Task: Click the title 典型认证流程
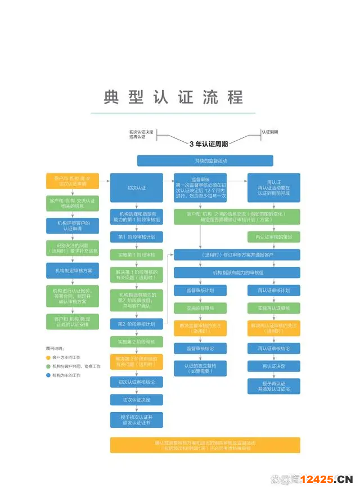(x=173, y=97)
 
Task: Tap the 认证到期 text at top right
(x=269, y=132)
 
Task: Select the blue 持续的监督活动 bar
(x=205, y=161)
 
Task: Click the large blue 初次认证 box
(x=137, y=187)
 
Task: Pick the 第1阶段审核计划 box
(x=137, y=236)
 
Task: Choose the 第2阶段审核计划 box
(x=137, y=324)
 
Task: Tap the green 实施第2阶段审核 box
(x=137, y=342)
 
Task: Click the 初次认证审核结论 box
(x=137, y=382)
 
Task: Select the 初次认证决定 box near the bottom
(x=137, y=399)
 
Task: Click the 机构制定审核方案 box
(x=72, y=271)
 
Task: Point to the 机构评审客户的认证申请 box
(x=72, y=226)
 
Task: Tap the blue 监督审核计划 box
(x=200, y=290)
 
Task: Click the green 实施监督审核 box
(x=200, y=308)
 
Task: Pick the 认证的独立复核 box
(x=200, y=369)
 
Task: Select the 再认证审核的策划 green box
(x=274, y=236)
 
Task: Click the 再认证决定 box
(x=274, y=366)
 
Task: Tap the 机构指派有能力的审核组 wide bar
(x=237, y=272)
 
